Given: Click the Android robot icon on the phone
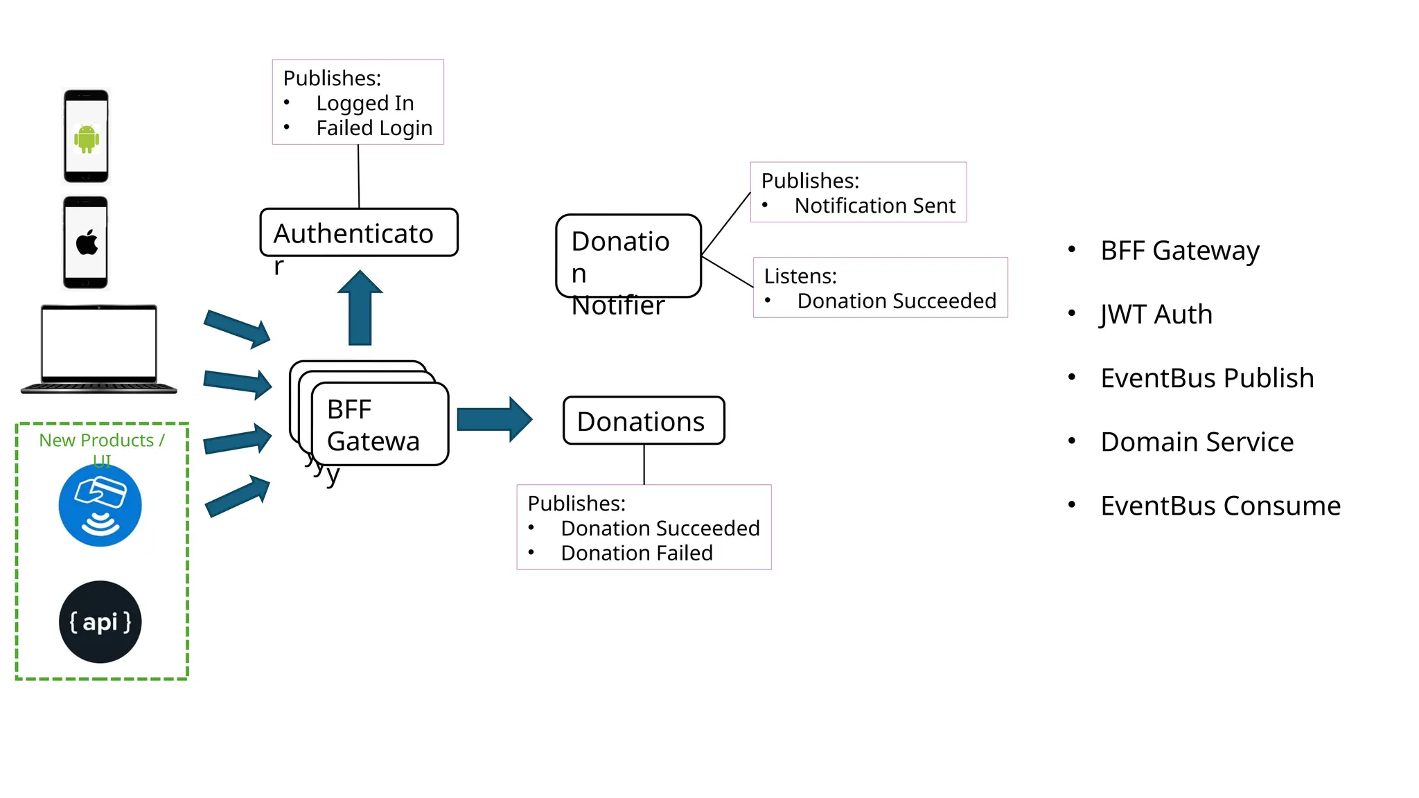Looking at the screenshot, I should coord(87,139).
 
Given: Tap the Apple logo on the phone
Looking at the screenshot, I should coord(87,243).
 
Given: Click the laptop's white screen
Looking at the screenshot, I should coord(99,343).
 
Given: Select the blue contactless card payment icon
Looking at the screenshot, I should coord(100,505).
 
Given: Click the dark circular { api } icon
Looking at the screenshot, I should coord(100,621).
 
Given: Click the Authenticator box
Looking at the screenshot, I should coord(358,233).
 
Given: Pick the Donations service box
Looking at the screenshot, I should coord(643,420).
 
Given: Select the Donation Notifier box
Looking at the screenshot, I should coord(628,256).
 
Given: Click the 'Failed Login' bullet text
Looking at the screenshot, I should coord(374,128).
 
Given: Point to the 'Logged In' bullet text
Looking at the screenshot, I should coord(365,103).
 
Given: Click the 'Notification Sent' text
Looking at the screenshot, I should coord(874,206).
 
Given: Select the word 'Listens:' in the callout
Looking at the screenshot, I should coord(800,276).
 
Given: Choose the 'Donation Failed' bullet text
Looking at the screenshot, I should coord(636,553).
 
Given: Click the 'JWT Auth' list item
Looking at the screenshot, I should coord(1156,314).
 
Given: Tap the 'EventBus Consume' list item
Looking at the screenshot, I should coord(1220,506).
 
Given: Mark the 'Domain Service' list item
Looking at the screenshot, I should coord(1197,442).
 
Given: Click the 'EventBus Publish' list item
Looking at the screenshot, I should coord(1206,378).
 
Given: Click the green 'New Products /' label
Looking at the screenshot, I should coord(101,441).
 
